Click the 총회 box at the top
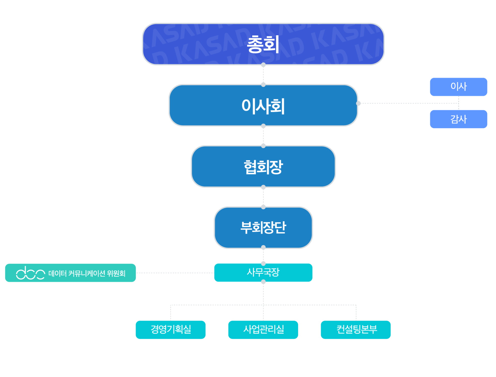pos(263,44)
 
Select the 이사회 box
pos(263,106)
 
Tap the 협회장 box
pos(263,167)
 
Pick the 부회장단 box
pos(263,228)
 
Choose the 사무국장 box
pos(263,272)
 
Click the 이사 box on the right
pos(459,87)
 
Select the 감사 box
pos(459,119)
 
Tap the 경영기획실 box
pos(171,330)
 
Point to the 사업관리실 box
pos(263,330)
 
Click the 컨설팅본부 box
pos(356,330)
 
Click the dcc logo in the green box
pos(30,273)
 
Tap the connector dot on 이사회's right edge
pos(359,103)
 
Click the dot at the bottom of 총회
pos(263,65)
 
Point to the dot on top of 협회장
pos(263,146)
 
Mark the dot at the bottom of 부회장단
pos(263,248)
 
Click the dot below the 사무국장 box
pos(263,282)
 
